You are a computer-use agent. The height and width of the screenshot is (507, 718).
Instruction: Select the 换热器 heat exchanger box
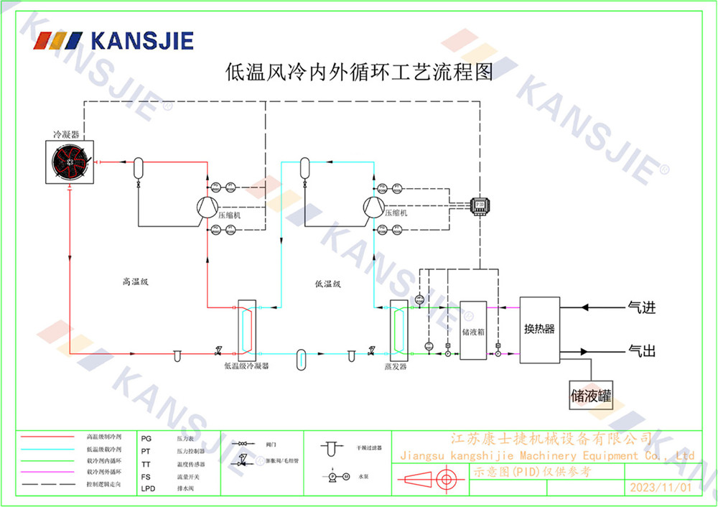539,330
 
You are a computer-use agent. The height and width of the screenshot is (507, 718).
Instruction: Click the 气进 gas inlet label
642,308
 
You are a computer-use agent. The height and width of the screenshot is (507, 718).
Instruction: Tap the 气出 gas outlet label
642,351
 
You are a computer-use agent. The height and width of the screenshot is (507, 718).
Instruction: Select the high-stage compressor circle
208,206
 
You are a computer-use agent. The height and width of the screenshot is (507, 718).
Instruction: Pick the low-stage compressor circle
373,206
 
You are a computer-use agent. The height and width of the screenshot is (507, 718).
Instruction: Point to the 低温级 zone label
327,284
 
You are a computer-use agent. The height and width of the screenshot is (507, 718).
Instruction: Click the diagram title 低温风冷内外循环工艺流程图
359,73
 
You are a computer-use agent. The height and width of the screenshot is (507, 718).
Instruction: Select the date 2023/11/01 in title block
660,488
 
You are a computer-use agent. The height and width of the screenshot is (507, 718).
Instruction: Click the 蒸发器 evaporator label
396,366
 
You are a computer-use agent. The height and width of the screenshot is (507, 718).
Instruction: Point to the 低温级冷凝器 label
246,366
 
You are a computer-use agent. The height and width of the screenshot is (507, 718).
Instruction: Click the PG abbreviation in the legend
146,437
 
